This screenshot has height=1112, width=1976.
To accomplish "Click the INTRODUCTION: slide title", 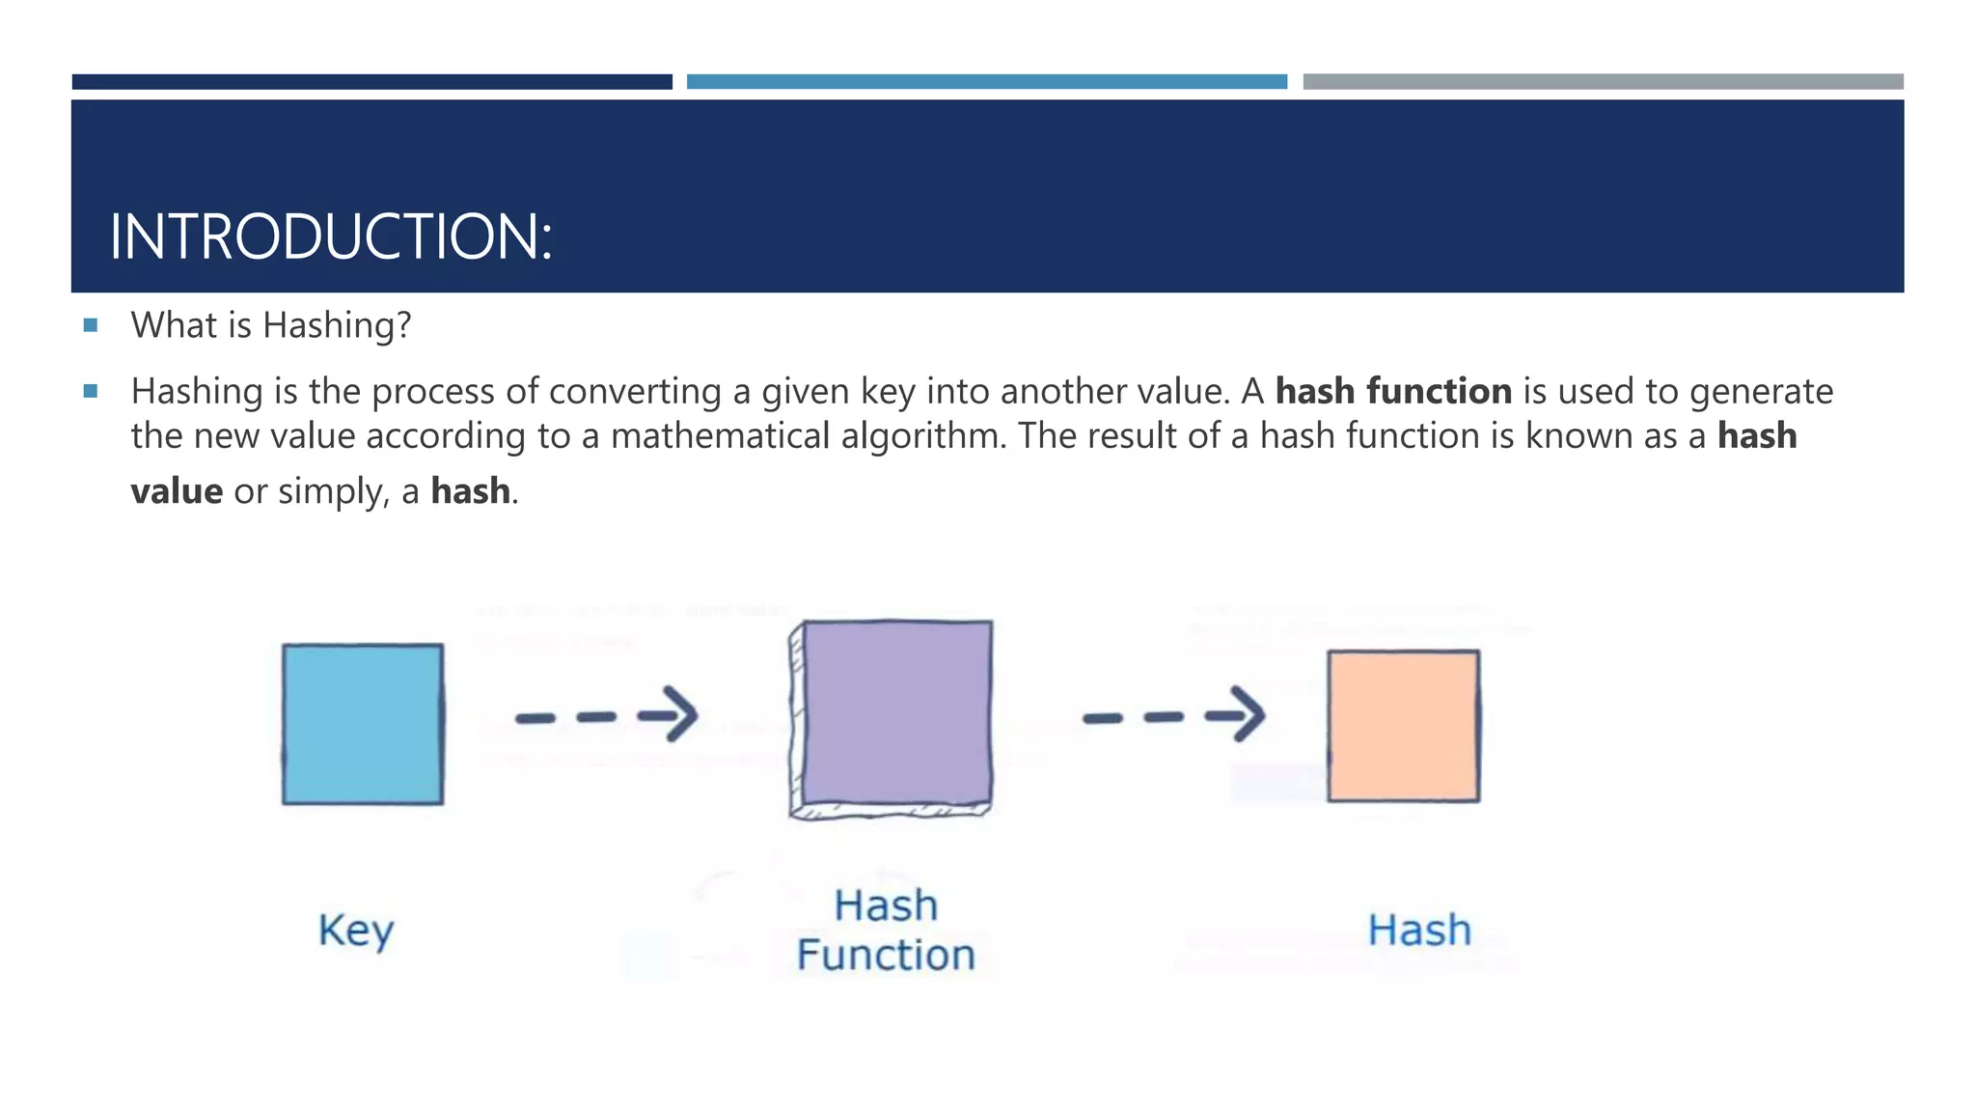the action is pos(331,236).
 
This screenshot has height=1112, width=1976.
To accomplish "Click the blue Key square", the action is pos(363,724).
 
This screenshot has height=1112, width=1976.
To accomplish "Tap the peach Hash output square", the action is pos(1403,726).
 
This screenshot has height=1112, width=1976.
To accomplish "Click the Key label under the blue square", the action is pos(356,931).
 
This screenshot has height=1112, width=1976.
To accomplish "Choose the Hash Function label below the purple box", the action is pos(886,931).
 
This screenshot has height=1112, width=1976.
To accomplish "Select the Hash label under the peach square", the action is pos(1419,931).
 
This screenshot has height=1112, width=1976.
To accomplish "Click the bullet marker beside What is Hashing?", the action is pos(91,326).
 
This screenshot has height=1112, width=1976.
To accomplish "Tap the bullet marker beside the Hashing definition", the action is pos(91,392).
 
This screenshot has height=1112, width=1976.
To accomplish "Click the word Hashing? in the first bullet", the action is pos(337,326).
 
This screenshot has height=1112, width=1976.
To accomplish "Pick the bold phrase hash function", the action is pos(1393,392).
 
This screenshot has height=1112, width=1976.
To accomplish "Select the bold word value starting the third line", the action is pos(177,491).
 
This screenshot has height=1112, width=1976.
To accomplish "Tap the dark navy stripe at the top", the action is pos(372,82).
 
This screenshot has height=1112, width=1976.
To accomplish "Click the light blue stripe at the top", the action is pos(987,82).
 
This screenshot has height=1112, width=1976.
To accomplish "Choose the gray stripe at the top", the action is pos(1603,82).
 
